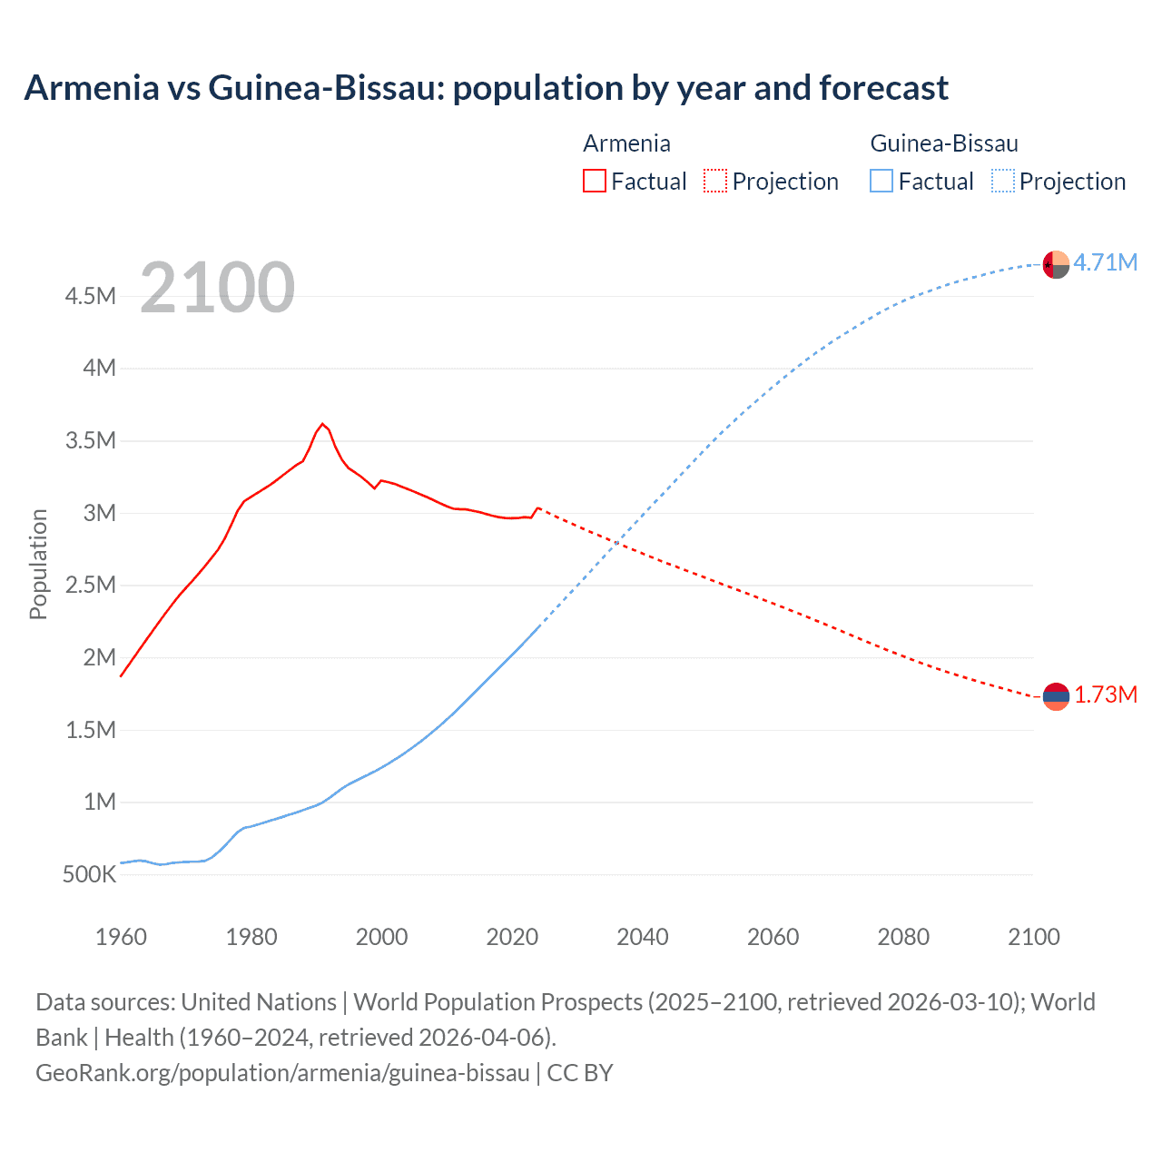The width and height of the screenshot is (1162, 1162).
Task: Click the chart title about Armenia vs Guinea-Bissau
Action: point(486,88)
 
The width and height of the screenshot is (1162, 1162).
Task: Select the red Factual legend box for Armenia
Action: point(594,181)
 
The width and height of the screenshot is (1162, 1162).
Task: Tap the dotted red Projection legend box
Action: point(715,181)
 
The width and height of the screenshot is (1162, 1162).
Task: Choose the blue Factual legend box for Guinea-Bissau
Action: point(881,181)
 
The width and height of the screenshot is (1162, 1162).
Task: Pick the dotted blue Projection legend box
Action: point(1002,181)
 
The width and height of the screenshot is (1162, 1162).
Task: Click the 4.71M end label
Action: point(1105,262)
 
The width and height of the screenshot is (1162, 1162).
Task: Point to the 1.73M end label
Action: point(1105,694)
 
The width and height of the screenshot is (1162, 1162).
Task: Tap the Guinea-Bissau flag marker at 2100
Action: point(1056,264)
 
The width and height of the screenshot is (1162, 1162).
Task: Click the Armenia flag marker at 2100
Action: point(1056,696)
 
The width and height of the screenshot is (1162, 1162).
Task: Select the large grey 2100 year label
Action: point(217,288)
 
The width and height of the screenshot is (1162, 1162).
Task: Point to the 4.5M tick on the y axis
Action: point(91,296)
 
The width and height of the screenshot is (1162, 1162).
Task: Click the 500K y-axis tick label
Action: point(90,874)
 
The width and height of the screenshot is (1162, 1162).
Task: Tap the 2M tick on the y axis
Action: point(99,657)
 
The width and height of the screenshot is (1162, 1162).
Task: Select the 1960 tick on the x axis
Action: point(121,937)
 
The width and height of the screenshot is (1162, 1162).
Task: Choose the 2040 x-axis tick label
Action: point(642,937)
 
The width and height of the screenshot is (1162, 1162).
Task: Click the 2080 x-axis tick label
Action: point(903,937)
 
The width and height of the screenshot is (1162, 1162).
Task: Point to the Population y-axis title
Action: point(38,564)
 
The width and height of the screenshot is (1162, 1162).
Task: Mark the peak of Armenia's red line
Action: point(323,424)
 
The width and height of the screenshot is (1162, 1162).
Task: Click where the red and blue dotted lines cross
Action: point(617,543)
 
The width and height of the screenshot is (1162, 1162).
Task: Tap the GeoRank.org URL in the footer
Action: point(282,1072)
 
